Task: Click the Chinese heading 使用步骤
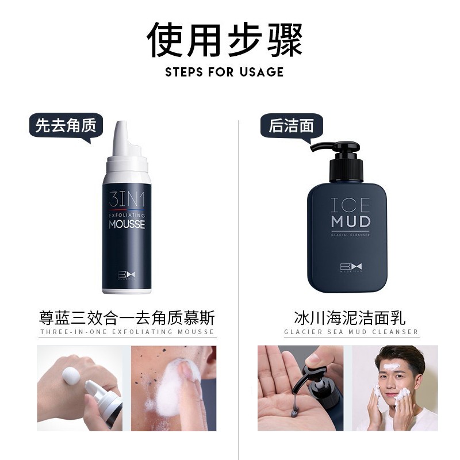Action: (225, 40)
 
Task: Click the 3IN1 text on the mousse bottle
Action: (126, 200)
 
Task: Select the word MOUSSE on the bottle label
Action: (126, 224)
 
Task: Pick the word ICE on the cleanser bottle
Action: (350, 205)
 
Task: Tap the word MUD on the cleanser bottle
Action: (351, 222)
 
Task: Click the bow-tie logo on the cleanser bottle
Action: (351, 267)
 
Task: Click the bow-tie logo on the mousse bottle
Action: (126, 275)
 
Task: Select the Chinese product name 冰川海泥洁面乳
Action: (350, 318)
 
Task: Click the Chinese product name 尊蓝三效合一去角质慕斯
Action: (127, 318)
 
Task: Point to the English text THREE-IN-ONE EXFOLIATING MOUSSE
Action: (127, 332)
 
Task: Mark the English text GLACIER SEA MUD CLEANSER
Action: (351, 332)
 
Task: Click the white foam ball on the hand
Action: (71, 376)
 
